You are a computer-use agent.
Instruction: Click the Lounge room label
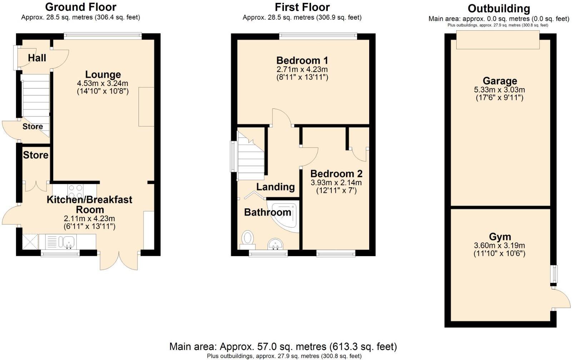[103, 75]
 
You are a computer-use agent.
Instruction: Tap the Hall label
[37, 58]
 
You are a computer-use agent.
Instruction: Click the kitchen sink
[67, 242]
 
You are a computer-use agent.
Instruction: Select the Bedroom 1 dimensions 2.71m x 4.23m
[302, 69]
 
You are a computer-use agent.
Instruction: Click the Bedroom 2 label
[336, 174]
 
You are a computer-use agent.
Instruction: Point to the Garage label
[500, 81]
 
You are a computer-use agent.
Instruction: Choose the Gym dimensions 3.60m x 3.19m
[499, 245]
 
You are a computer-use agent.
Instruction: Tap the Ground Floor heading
[81, 7]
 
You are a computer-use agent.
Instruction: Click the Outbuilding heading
[499, 8]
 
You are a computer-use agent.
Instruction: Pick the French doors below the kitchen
[119, 260]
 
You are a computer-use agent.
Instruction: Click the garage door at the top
[498, 40]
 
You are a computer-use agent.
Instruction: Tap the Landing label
[275, 187]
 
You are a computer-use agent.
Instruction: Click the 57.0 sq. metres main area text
[283, 346]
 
